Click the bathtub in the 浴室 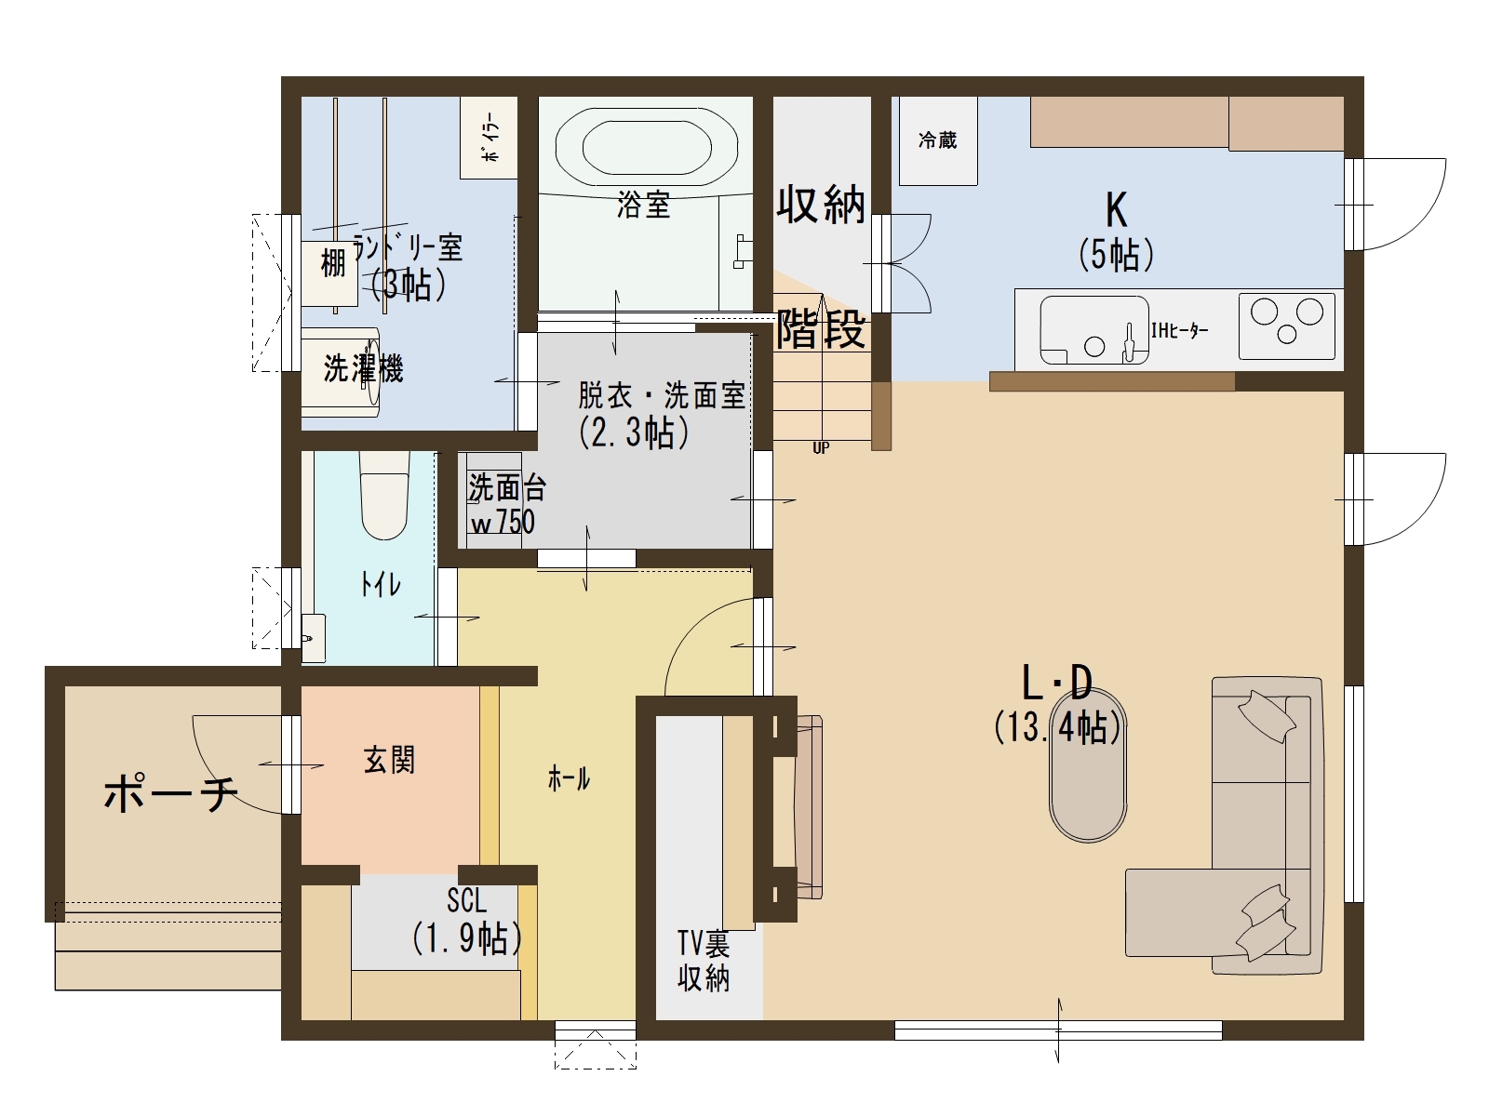pos(647,148)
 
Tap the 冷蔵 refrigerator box pos(938,140)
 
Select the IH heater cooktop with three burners pos(1287,325)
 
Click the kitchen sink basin pos(1094,329)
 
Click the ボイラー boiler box pos(490,138)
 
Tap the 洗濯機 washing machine pos(341,372)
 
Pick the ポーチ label pos(171,793)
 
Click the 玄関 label pos(389,760)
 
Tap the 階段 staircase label pos(821,328)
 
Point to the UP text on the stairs pos(821,448)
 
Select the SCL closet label pos(467,900)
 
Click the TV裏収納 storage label pos(704,962)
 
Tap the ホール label pos(569,780)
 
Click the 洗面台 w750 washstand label pos(506,504)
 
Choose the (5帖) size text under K pos(1117,255)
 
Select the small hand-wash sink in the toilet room pos(313,638)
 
